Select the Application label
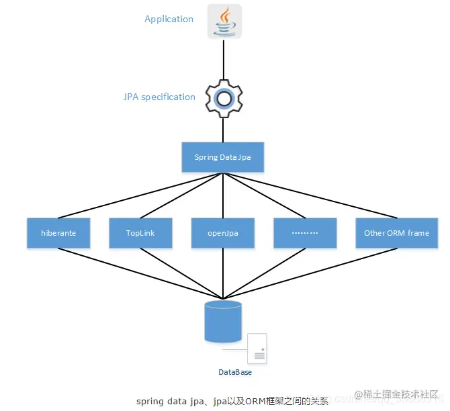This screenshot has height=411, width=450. (169, 19)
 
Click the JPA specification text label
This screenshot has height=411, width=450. (159, 97)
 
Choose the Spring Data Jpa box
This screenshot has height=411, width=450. (223, 157)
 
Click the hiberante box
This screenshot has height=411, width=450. (58, 233)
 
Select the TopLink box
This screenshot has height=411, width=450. (140, 233)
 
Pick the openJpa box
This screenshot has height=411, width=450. (223, 233)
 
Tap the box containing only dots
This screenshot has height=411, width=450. (306, 233)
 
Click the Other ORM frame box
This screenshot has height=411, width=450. (396, 233)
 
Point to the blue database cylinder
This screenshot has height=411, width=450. (222, 320)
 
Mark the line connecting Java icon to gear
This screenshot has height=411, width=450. (223, 59)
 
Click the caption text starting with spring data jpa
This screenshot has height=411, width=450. (232, 402)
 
